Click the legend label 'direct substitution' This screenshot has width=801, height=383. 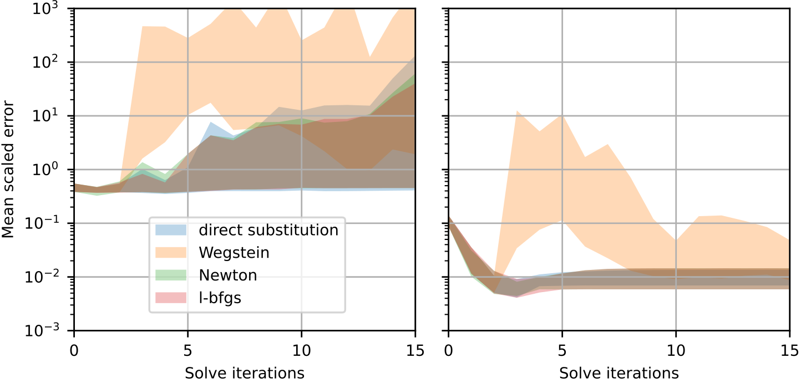click(x=268, y=230)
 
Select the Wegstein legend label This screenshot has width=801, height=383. click(x=234, y=253)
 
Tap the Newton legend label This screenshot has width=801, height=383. click(x=228, y=275)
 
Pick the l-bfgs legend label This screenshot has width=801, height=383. click(x=220, y=298)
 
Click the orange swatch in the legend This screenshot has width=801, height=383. click(x=171, y=253)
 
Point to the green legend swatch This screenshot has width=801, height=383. click(x=171, y=275)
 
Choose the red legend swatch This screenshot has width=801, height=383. click(x=171, y=298)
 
